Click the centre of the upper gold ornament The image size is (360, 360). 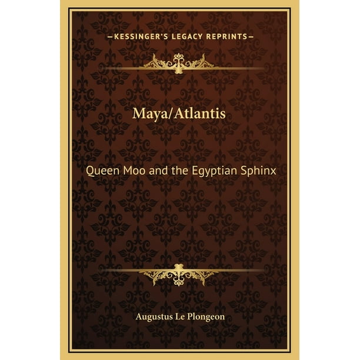(x=180, y=60)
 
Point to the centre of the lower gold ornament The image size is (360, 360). (x=180, y=272)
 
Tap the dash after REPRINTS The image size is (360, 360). (x=251, y=35)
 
